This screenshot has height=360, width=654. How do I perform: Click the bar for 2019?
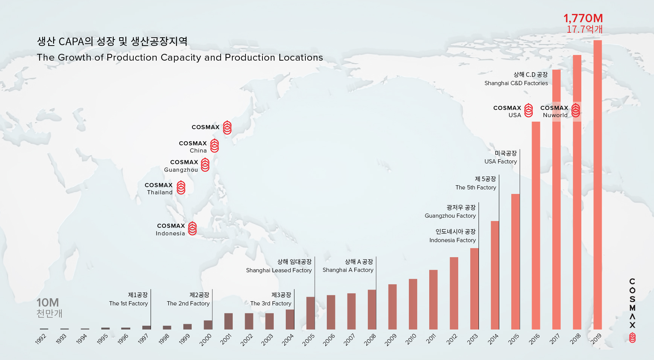click(x=598, y=185)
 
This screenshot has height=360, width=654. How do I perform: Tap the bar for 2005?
click(x=310, y=313)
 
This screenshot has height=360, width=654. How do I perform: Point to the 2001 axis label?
click(x=226, y=339)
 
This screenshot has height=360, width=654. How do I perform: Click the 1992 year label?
click(x=41, y=339)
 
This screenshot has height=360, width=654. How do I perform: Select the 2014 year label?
click(x=493, y=339)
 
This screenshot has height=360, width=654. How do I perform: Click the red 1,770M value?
click(x=583, y=18)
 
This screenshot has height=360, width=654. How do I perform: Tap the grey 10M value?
click(x=47, y=303)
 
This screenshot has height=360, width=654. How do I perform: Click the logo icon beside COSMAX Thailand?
click(x=181, y=188)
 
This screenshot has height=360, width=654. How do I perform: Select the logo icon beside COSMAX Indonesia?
click(x=192, y=229)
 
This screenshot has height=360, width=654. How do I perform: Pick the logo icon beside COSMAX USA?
click(x=529, y=110)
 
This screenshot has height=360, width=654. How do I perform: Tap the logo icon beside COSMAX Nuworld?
click(x=575, y=110)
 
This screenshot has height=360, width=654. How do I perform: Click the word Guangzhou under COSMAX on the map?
click(x=181, y=170)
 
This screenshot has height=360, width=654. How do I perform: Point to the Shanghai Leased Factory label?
click(x=279, y=270)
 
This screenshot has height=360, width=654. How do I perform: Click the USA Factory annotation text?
click(x=500, y=162)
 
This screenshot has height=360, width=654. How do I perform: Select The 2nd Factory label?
click(x=188, y=304)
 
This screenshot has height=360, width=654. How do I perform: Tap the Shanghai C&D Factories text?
click(x=516, y=83)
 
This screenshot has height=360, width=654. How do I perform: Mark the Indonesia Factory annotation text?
click(x=452, y=240)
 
